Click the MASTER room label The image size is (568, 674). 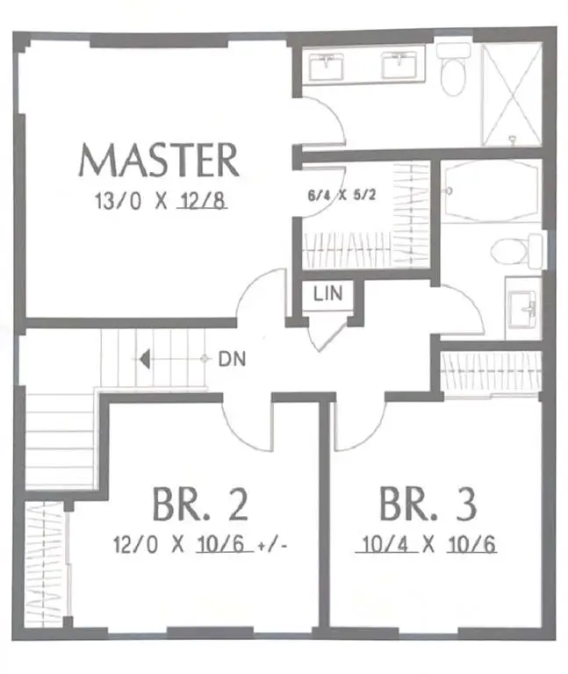[x=159, y=161]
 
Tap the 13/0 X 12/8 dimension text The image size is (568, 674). [x=161, y=202]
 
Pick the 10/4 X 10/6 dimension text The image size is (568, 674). [x=428, y=544]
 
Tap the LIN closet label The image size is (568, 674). [x=327, y=294]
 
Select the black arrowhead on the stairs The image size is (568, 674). [x=146, y=359]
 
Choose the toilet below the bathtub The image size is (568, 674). [x=511, y=251]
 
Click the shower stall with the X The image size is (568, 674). [x=511, y=92]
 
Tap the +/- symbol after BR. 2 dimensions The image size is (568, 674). [x=274, y=546]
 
